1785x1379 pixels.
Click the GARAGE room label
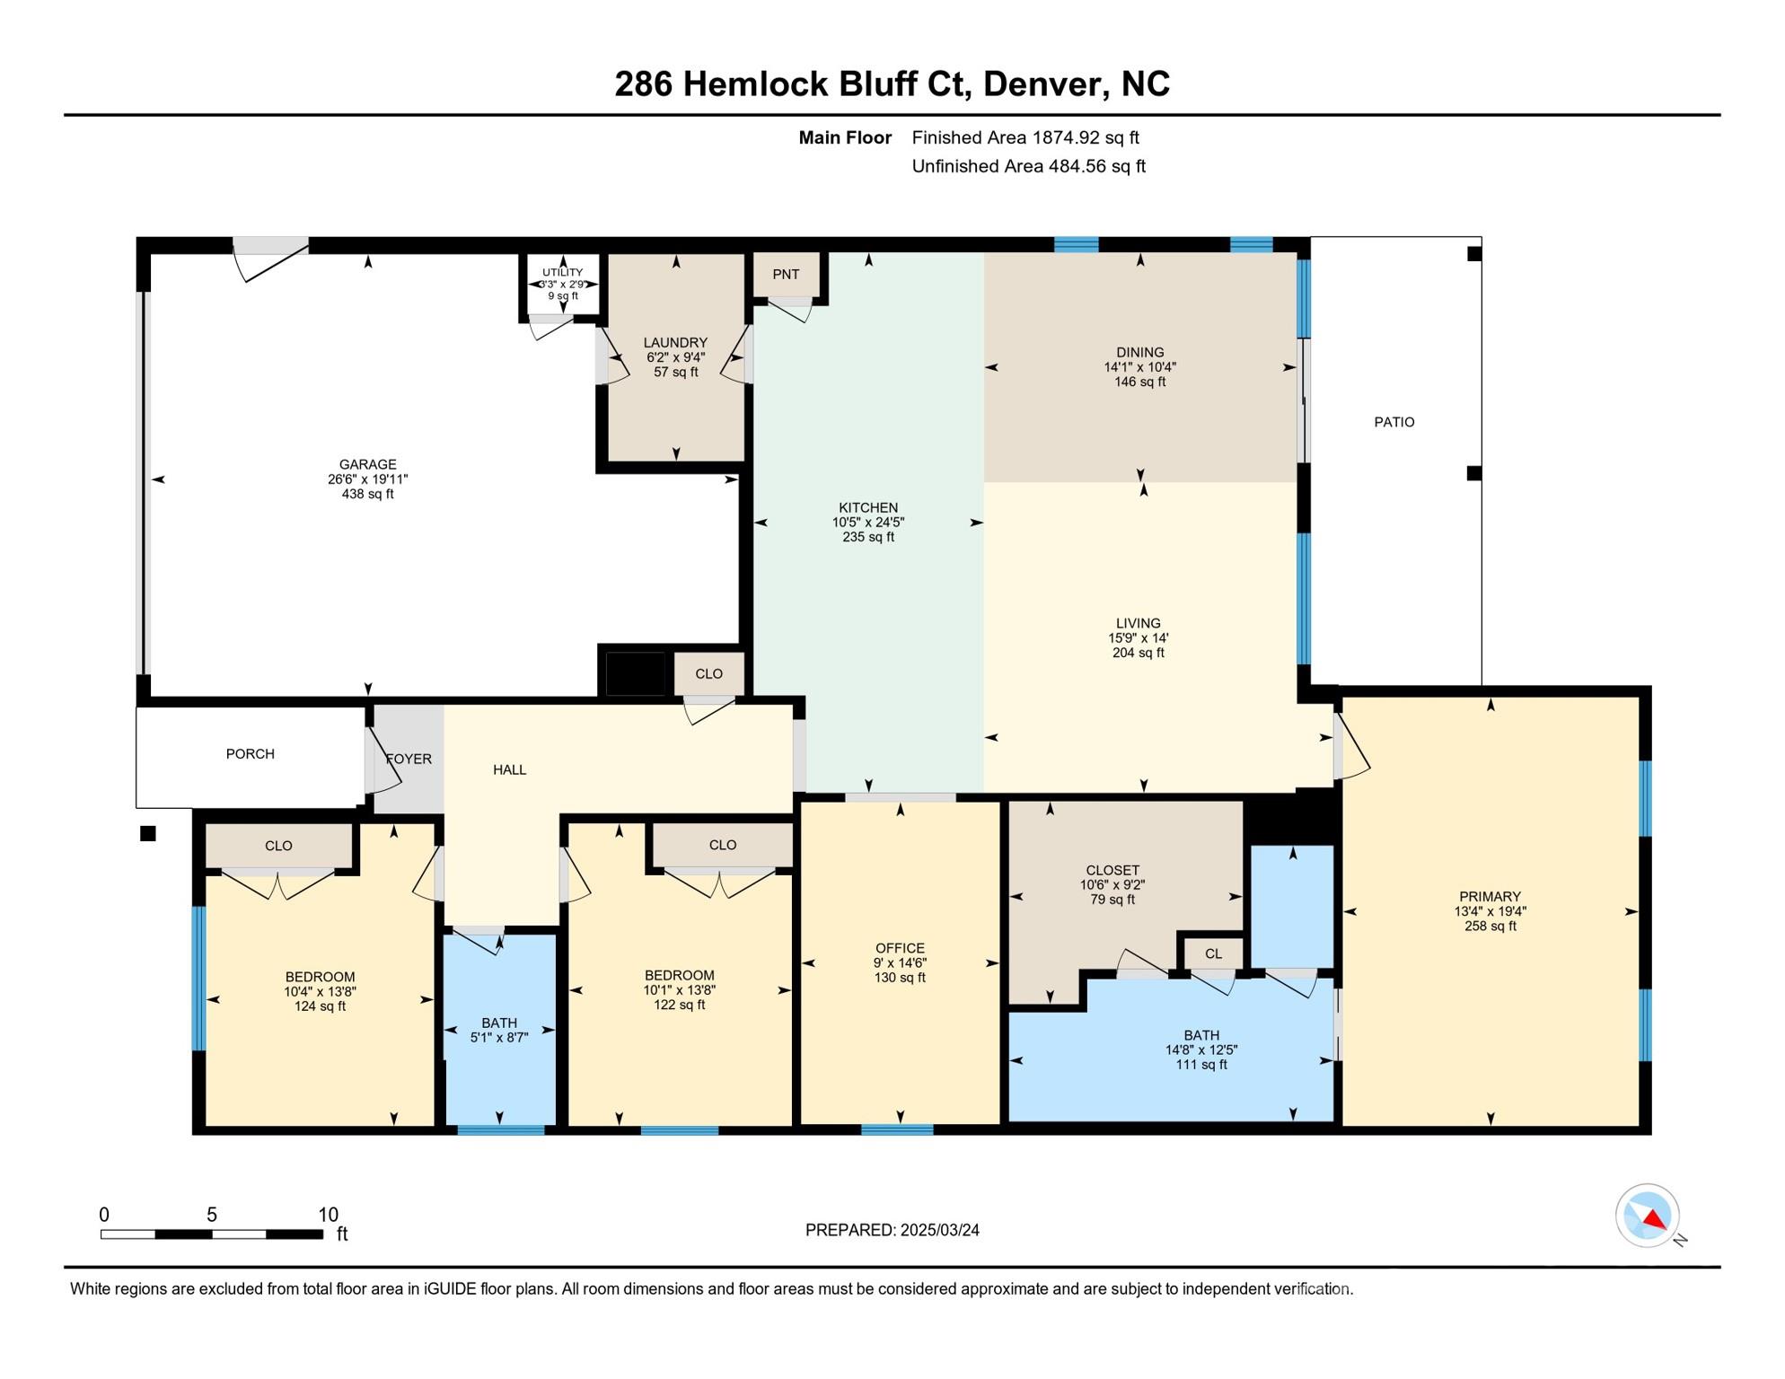pyautogui.click(x=367, y=464)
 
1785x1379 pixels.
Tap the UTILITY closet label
pyautogui.click(x=562, y=272)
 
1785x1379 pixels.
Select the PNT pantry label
pyautogui.click(x=786, y=275)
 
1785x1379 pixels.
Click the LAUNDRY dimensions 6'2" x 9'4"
pyautogui.click(x=675, y=357)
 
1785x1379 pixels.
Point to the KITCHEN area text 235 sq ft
pyautogui.click(x=867, y=537)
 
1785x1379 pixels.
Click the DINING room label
pyautogui.click(x=1139, y=352)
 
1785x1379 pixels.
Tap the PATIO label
pyautogui.click(x=1394, y=422)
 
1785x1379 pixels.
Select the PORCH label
pyautogui.click(x=250, y=754)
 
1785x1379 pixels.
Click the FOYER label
pyautogui.click(x=409, y=759)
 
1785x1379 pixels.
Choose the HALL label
pyautogui.click(x=509, y=769)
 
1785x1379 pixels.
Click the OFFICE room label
pyautogui.click(x=900, y=948)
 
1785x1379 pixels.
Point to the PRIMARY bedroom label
pyautogui.click(x=1490, y=896)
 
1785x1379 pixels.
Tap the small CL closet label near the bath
pyautogui.click(x=1213, y=953)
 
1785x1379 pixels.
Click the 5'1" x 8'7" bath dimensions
pyautogui.click(x=499, y=1037)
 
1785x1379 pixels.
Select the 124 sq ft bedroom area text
pyautogui.click(x=320, y=1006)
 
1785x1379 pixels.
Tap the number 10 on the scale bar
pyautogui.click(x=328, y=1215)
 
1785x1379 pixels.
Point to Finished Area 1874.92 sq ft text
pyautogui.click(x=1024, y=137)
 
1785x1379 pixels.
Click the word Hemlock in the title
pyautogui.click(x=755, y=83)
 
